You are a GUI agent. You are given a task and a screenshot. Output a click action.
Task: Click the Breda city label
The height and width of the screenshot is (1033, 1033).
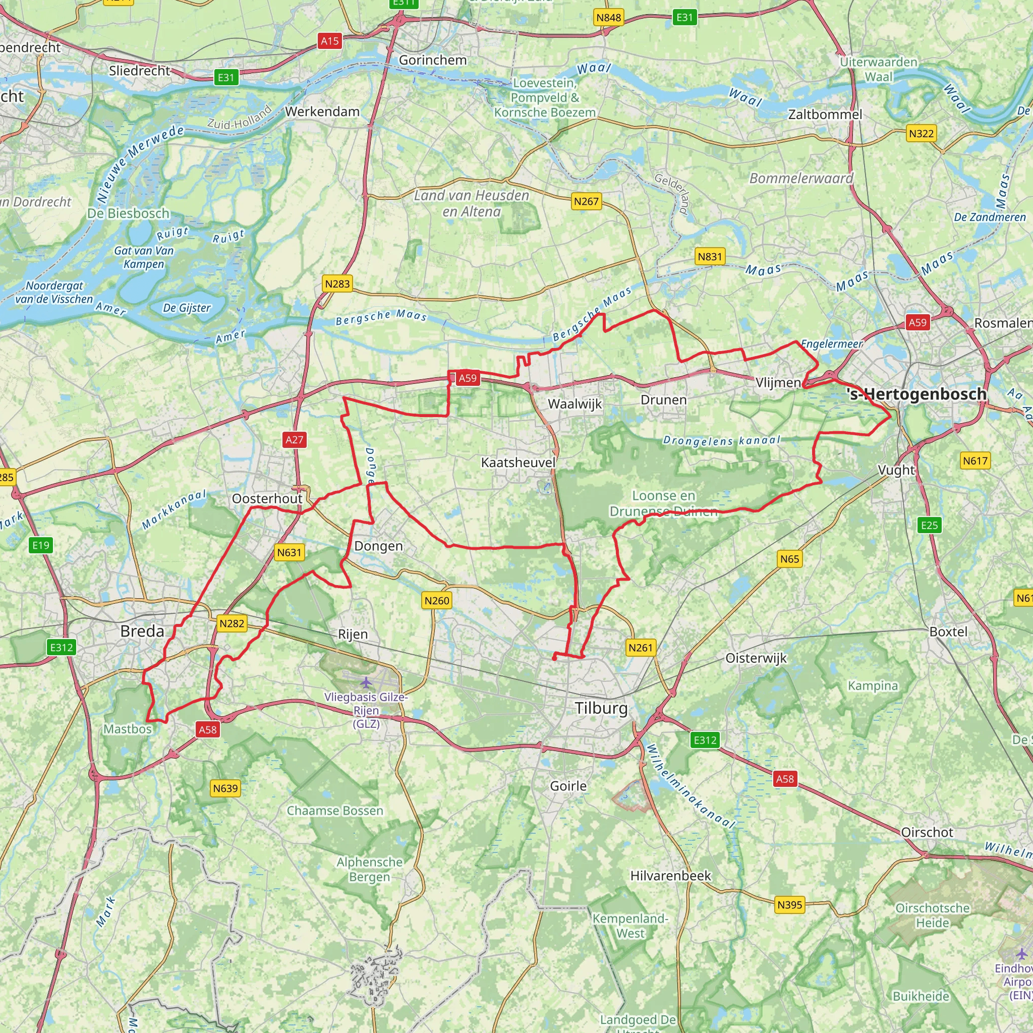[x=142, y=631]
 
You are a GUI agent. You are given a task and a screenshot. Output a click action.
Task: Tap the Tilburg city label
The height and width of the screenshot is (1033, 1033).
[x=602, y=708]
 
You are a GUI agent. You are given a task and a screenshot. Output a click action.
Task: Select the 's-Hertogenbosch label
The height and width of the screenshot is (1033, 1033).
[x=916, y=394]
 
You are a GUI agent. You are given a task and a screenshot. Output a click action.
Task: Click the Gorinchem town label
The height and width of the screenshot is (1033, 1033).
[x=433, y=60]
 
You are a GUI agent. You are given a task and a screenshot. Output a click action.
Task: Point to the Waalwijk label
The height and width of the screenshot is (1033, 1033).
[x=575, y=404]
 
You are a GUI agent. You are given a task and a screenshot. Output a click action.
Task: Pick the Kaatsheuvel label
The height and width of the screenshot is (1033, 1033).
[x=518, y=462]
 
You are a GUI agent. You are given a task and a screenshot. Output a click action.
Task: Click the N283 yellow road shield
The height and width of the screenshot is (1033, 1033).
[x=337, y=284]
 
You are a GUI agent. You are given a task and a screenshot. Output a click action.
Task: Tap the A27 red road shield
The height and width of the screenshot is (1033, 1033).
[x=294, y=439]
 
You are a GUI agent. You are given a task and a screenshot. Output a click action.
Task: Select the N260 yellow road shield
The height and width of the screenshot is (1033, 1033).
[x=437, y=600]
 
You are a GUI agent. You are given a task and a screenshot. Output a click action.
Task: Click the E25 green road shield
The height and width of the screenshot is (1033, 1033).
[x=929, y=525]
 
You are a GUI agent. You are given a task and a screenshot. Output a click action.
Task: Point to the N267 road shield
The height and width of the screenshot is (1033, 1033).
[x=586, y=202]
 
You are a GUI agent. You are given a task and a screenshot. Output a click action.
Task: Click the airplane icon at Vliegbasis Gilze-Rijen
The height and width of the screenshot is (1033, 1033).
[x=366, y=682]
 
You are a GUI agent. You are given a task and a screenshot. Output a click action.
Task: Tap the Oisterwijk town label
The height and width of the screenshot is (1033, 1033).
[x=756, y=658]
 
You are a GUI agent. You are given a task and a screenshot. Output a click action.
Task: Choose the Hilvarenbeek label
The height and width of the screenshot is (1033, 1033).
[x=670, y=875]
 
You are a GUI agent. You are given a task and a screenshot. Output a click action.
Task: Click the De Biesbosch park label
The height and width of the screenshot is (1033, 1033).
[x=128, y=213]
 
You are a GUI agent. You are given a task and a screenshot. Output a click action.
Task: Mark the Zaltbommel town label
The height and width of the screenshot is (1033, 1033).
[x=825, y=114]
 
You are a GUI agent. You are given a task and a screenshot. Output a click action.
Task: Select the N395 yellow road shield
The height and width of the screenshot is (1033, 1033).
[x=790, y=905]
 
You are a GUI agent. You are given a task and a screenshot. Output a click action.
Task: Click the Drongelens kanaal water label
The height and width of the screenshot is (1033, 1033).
[x=721, y=440]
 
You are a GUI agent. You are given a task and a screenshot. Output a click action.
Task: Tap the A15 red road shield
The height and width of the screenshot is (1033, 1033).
[x=330, y=41]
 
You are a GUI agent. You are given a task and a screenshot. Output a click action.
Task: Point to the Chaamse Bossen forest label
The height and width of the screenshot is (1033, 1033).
[x=335, y=811]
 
